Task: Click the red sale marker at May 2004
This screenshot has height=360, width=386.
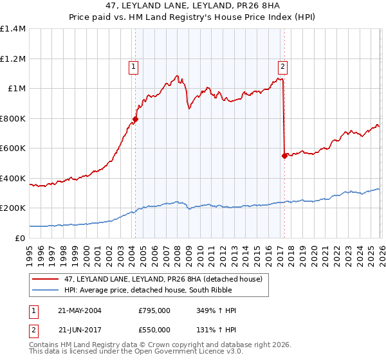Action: pos(136,119)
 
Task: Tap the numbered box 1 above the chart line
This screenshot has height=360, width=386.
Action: pos(133,65)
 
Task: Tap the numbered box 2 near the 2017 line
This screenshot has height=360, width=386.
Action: pos(282,65)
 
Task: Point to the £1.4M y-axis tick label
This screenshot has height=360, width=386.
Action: pos(13,29)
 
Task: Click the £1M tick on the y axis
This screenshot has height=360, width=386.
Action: pos(16,89)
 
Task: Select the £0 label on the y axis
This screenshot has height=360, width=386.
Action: pos(21,238)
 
